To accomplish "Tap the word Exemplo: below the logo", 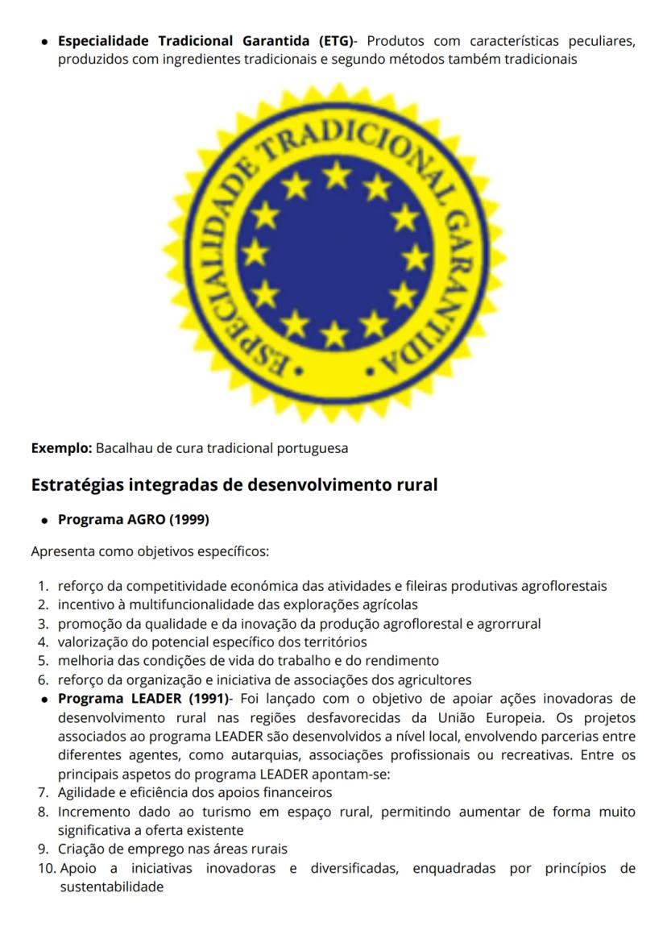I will point(61,448).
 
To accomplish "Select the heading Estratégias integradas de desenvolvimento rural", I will point(234,485).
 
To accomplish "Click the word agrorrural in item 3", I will point(509,623).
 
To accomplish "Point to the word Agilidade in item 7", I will point(87,791).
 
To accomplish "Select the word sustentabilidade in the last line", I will point(112,887).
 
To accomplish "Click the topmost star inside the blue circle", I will point(336,172).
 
